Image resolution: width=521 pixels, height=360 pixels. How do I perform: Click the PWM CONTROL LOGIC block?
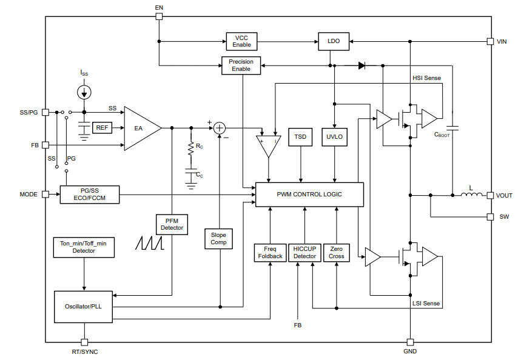(309, 195)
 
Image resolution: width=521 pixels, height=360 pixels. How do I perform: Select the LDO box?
(334, 41)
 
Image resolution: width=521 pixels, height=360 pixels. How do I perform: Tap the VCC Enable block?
(241, 41)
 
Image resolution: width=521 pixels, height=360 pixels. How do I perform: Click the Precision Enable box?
(241, 65)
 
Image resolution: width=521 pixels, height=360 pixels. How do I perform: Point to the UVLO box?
(335, 137)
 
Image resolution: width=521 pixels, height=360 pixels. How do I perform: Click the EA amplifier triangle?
(140, 128)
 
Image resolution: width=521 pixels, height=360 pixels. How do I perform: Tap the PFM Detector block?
(172, 224)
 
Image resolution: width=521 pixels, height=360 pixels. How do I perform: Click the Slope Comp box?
(218, 238)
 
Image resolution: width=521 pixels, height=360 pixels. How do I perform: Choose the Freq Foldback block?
(269, 252)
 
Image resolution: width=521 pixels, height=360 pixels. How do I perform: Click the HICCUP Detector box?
(304, 252)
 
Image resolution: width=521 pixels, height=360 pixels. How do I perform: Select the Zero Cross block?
(337, 252)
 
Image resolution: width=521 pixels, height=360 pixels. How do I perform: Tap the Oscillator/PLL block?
(84, 306)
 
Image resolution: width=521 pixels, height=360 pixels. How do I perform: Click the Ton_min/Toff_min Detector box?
(84, 247)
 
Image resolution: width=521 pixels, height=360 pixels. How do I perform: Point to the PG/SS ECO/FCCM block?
(89, 195)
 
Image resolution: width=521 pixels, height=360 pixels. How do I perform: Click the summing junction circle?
(220, 128)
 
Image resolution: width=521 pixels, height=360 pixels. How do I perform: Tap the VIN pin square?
(491, 41)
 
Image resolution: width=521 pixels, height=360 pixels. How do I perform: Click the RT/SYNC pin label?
(84, 352)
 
